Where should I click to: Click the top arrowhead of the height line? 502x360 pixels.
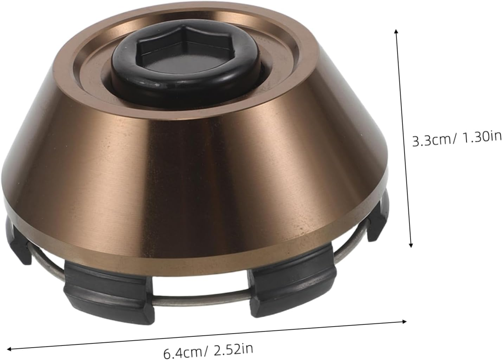(396, 32)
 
